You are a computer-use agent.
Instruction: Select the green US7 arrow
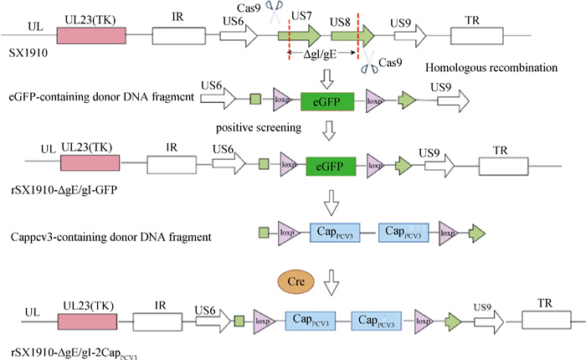coord(300,34)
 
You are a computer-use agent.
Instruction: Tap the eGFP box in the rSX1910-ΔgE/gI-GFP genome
coord(332,164)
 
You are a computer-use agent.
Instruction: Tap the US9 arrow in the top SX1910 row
coord(409,34)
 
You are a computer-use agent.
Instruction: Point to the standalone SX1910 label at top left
coord(27,53)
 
